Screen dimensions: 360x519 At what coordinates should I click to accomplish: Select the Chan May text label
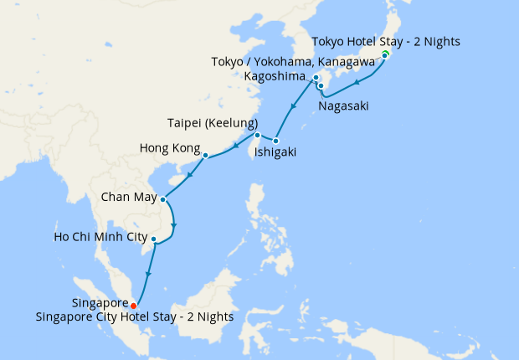pyautogui.click(x=127, y=198)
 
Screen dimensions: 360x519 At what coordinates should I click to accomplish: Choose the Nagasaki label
pyautogui.click(x=343, y=106)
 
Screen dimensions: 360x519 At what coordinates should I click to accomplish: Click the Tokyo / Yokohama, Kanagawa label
pyautogui.click(x=303, y=61)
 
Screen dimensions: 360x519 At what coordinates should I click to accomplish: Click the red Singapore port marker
pyautogui.click(x=134, y=306)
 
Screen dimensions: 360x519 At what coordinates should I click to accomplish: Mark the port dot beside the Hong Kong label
pyautogui.click(x=205, y=154)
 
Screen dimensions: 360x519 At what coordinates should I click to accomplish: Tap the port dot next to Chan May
pyautogui.click(x=162, y=199)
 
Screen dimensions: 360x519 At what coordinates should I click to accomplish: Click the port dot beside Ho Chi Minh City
pyautogui.click(x=153, y=239)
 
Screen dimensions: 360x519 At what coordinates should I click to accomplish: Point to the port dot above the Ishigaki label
pyautogui.click(x=275, y=141)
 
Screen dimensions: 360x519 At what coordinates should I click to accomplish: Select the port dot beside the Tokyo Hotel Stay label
pyautogui.click(x=384, y=55)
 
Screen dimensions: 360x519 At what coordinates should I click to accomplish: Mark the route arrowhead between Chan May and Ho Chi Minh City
pyautogui.click(x=173, y=224)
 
